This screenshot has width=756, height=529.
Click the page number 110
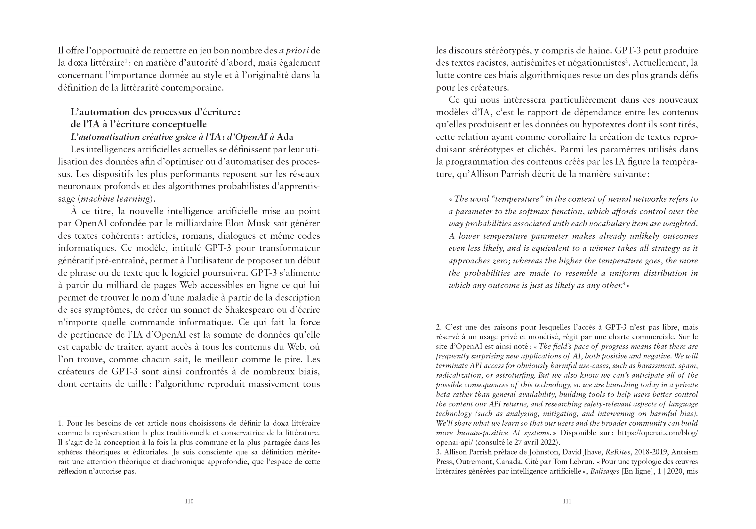[189, 501]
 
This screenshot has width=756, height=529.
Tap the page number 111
[567, 501]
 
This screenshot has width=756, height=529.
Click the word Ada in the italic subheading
[285, 137]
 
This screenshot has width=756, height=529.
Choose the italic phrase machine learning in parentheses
[116, 199]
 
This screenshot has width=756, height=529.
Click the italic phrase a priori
[294, 51]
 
